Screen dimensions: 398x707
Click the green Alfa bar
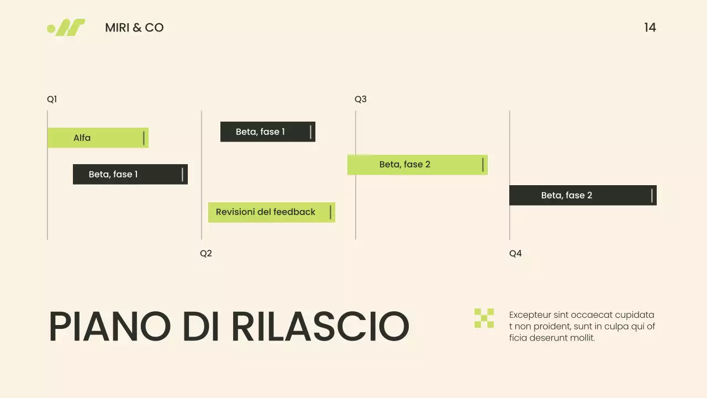coord(98,138)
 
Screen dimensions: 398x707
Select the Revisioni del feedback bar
coord(271,212)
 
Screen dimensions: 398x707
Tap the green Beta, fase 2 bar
coord(417,165)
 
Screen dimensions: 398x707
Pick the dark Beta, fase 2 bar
coord(583,195)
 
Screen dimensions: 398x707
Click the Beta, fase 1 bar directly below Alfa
coord(130,174)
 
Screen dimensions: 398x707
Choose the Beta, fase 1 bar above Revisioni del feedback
coord(267,132)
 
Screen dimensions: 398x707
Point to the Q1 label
coord(52,99)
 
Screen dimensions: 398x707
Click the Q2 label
coord(206,254)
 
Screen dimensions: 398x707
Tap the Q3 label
coord(361,99)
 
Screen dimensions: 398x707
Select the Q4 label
coord(515,254)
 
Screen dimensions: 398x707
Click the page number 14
coord(650,28)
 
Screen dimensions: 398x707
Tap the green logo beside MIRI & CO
coord(67,28)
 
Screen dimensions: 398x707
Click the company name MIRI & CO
coord(134,28)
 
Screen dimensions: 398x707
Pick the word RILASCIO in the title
coord(320,327)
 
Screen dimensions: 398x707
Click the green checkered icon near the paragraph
coord(484,318)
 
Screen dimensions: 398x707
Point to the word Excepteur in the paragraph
coord(530,315)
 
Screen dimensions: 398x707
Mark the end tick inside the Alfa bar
coord(144,138)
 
